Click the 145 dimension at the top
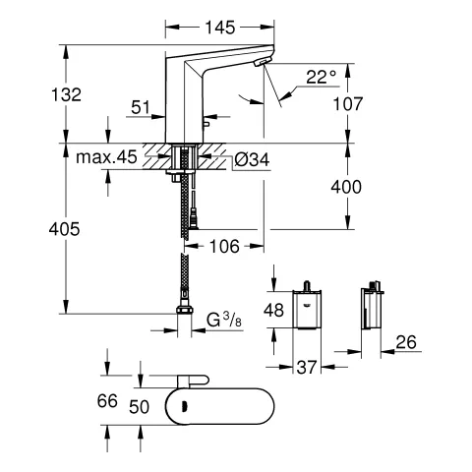point(212,19)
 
